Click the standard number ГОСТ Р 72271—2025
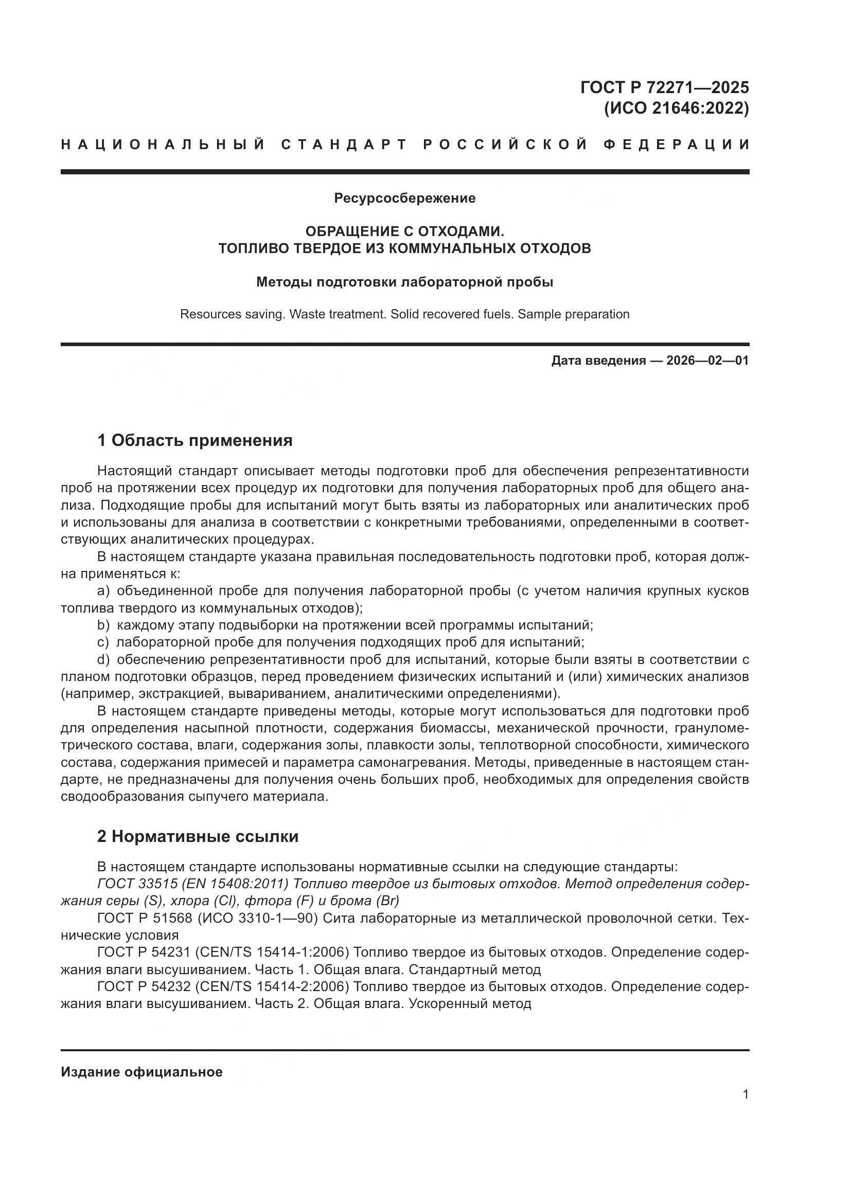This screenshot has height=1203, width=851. tap(664, 87)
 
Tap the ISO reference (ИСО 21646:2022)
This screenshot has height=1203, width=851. tap(676, 109)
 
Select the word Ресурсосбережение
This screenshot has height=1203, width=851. tap(404, 198)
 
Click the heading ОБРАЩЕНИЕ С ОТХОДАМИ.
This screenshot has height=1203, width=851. tap(404, 231)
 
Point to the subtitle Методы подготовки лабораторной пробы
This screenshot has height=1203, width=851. tap(404, 282)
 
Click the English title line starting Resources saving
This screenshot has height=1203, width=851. tap(404, 314)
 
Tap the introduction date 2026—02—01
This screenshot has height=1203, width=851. tap(707, 361)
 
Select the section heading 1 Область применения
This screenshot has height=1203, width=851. tap(194, 441)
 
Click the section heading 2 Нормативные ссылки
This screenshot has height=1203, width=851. tap(198, 836)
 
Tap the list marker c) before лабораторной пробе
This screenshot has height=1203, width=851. tap(103, 642)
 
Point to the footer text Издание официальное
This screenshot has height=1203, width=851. tap(141, 1072)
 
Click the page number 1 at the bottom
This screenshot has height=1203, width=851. tap(745, 1094)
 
